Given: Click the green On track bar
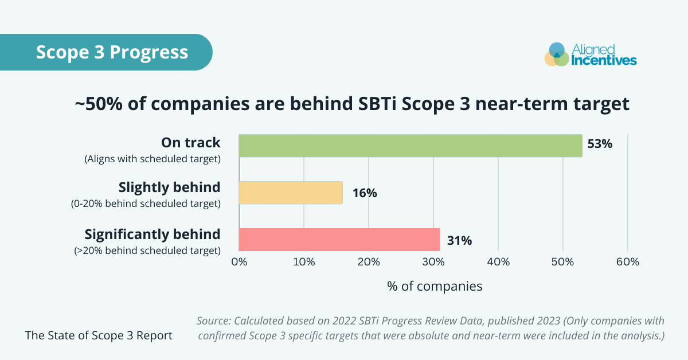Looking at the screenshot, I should coord(410,146).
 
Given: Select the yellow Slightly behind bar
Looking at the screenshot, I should coord(290,193).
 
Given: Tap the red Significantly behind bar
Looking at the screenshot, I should coord(339,240).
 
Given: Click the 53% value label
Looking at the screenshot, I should coord(600,144).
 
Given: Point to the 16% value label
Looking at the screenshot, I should coord(365,193).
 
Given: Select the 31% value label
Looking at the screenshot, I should coord(459,241).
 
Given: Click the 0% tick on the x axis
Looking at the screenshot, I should coord(239,262).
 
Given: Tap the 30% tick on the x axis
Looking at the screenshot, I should coord(433,262).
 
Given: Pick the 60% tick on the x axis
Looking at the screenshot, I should coord(628,262).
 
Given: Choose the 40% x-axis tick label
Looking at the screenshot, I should coord(498,262).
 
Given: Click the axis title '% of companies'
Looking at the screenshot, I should coord(435,286).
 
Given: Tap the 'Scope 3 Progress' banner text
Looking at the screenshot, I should coord(112,52).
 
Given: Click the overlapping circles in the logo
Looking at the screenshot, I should coord(556,54).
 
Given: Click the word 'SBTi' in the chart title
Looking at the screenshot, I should coord(426,104).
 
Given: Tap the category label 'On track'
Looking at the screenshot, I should coord(190,142).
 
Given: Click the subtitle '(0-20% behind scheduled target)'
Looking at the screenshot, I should coord(146,204).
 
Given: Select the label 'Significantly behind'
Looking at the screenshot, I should coord(152,234).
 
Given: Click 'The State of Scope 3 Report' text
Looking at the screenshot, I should coord(99,335).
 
